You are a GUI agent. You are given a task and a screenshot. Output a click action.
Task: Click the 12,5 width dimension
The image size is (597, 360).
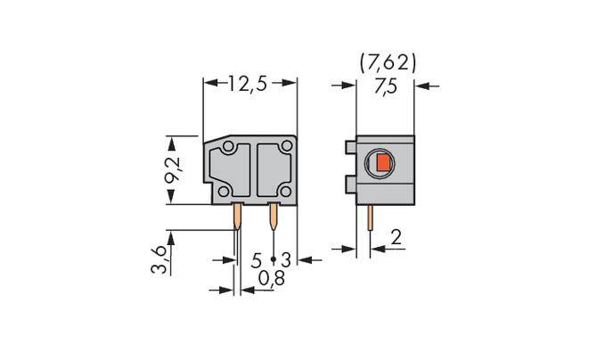[x=249, y=85]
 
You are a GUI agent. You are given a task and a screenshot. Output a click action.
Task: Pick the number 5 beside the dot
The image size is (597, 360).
[x=257, y=260]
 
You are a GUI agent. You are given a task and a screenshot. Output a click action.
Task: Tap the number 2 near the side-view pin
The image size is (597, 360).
[x=397, y=239]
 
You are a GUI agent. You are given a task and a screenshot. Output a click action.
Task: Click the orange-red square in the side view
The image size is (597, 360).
[x=383, y=162]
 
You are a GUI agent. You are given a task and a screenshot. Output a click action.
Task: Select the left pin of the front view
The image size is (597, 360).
[x=238, y=217]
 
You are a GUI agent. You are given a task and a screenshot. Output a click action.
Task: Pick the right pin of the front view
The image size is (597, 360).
[x=273, y=217]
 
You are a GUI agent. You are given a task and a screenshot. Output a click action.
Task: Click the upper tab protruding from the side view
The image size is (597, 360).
[x=349, y=146]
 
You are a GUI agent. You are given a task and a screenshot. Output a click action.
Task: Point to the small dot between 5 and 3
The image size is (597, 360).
[x=271, y=261]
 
